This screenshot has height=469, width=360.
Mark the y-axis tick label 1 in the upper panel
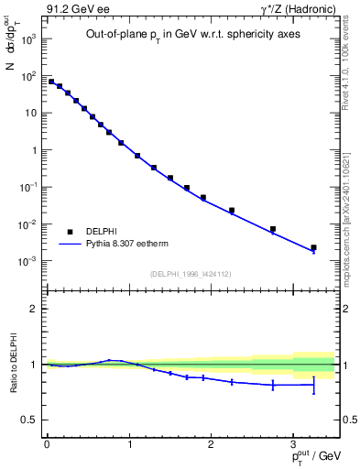(33, 150)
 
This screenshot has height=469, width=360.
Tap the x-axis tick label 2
(211, 442)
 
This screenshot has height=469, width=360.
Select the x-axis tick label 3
(293, 442)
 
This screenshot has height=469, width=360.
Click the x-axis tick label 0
(47, 442)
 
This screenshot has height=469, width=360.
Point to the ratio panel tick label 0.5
(29, 420)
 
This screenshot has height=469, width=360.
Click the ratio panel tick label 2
(34, 309)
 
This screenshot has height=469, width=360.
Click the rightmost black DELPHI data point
(313, 247)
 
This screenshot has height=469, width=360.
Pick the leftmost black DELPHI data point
(51, 82)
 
